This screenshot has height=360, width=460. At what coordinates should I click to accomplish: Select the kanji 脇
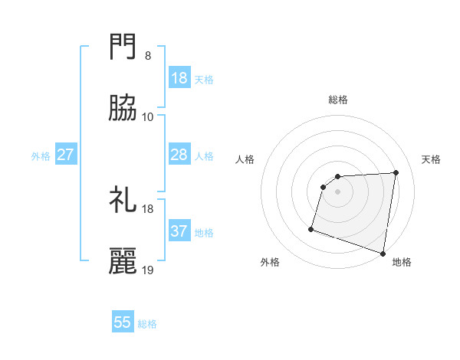[123, 110]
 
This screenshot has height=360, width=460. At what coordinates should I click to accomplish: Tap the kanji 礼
[123, 201]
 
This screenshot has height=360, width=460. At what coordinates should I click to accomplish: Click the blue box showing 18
[179, 78]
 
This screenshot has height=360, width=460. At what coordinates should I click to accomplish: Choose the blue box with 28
[179, 155]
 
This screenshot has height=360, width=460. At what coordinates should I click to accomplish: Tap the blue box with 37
[179, 231]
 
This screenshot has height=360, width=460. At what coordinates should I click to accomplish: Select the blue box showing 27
[66, 155]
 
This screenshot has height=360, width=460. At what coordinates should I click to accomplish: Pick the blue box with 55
[123, 322]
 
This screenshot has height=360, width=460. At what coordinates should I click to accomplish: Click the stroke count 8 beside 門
[148, 56]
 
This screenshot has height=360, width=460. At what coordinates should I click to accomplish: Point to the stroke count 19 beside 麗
[148, 270]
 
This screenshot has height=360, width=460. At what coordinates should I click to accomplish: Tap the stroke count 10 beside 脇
[148, 117]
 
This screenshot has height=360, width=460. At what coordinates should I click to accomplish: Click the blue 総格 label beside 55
[148, 324]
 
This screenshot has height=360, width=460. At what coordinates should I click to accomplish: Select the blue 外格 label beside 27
[41, 156]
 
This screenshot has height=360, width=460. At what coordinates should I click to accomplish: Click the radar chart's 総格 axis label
[338, 100]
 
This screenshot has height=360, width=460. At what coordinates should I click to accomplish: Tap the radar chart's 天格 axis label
[431, 159]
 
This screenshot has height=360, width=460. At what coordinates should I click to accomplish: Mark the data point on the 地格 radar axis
[383, 253]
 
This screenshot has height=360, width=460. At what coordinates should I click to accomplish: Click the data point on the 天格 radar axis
[396, 172]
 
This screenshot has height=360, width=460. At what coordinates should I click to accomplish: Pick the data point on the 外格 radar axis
[311, 228]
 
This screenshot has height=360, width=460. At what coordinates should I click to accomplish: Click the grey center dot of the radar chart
[338, 191]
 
